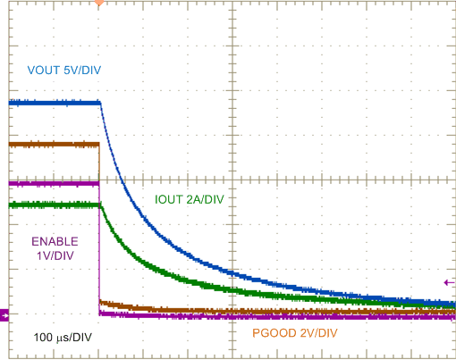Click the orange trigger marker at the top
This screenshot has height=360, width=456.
[x=98, y=4]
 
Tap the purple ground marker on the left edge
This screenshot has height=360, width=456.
[x=4, y=314]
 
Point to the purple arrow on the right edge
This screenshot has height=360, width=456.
[x=449, y=282]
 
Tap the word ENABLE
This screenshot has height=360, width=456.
[x=55, y=241]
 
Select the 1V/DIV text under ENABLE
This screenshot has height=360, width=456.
[x=55, y=255]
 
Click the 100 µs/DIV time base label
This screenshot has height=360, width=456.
[x=63, y=337]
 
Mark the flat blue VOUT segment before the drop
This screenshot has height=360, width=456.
[x=54, y=103]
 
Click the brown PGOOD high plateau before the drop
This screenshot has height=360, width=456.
[x=54, y=143]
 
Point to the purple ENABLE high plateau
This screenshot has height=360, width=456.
[x=54, y=183]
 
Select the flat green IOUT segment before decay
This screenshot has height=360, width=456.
[x=54, y=205]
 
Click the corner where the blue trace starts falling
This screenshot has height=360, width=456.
[x=100, y=104]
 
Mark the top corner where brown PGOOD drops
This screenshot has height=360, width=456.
[x=98, y=143]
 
